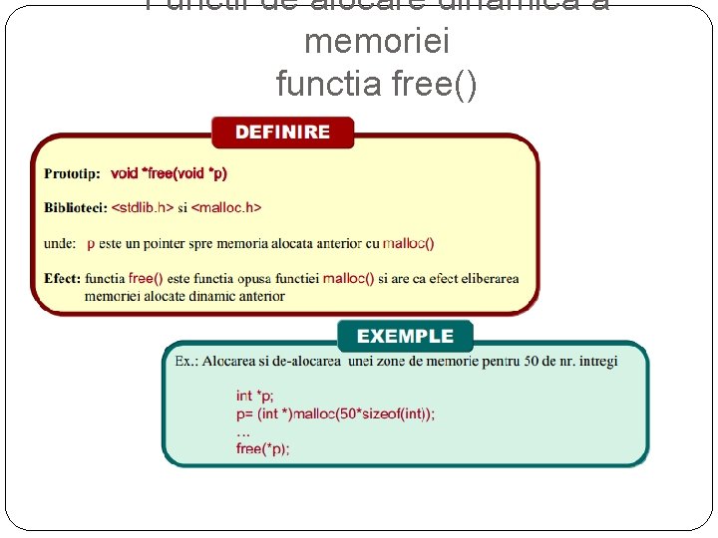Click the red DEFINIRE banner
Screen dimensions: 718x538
click(282, 133)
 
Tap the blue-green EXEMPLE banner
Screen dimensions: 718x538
click(405, 337)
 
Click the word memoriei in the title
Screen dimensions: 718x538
click(376, 42)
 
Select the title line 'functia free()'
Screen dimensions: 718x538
click(376, 85)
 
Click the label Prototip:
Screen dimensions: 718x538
click(72, 173)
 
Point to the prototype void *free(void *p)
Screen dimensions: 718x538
click(169, 173)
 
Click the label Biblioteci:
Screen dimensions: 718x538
click(76, 207)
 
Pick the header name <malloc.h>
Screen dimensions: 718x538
click(226, 207)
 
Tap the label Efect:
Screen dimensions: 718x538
click(62, 279)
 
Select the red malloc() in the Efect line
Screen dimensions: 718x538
click(348, 279)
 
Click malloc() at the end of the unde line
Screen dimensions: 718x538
click(408, 243)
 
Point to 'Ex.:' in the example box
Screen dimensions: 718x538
click(186, 361)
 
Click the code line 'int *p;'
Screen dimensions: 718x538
click(254, 397)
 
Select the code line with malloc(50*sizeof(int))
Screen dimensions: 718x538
click(335, 413)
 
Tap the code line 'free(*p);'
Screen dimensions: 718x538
click(263, 448)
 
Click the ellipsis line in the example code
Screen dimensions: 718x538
click(242, 431)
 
